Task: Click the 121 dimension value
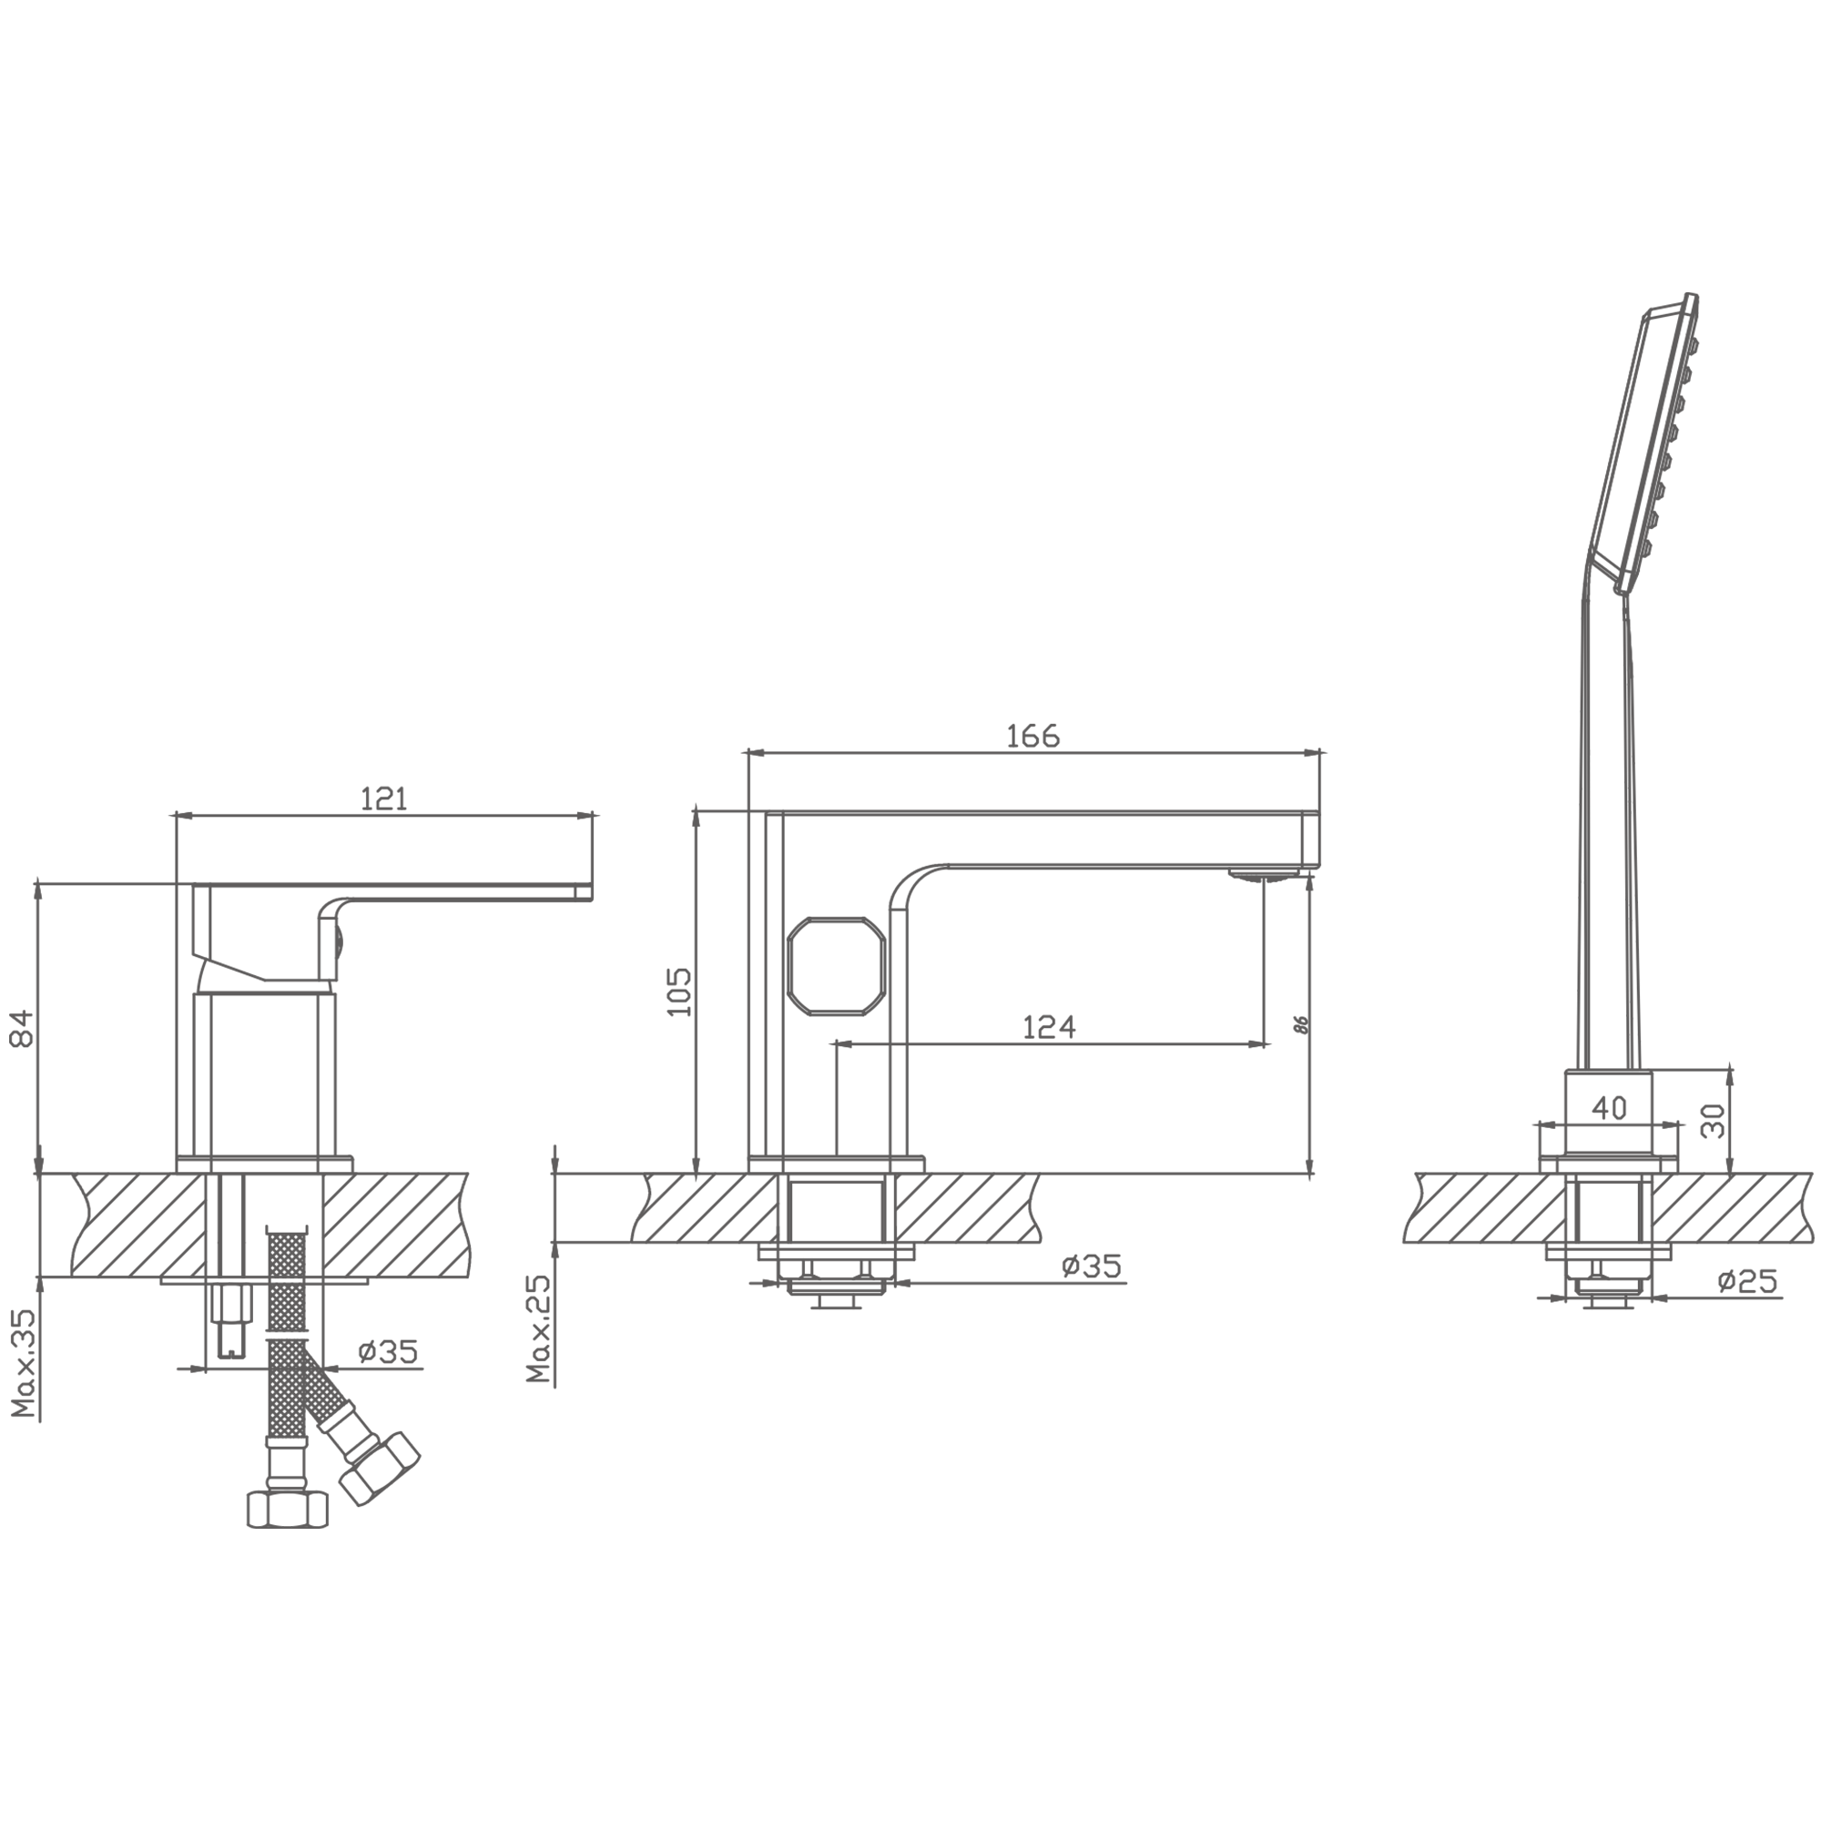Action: click(383, 799)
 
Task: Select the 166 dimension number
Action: click(1033, 735)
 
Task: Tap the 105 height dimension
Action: click(678, 991)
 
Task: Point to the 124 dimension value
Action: click(1049, 1026)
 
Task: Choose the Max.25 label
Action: click(538, 1329)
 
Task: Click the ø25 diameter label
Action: click(1746, 1281)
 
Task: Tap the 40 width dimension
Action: click(1609, 1108)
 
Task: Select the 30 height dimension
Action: click(1713, 1121)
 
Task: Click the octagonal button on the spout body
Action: click(837, 966)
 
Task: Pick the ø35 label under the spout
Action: click(1092, 1266)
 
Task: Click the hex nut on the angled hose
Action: click(379, 1480)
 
